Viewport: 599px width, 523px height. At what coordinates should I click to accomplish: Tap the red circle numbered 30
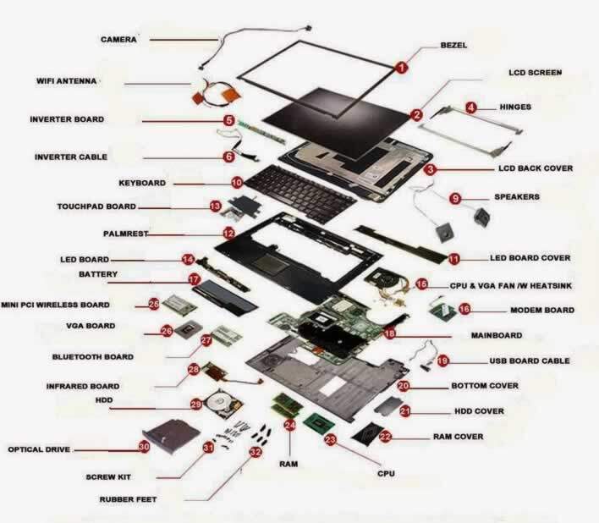(145, 446)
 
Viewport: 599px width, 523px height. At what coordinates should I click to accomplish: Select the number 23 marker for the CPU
(331, 439)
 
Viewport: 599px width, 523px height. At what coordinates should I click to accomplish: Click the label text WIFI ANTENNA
(69, 81)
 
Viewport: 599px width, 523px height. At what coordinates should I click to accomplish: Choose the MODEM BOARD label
(542, 311)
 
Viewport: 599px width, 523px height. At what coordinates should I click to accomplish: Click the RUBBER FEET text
(127, 499)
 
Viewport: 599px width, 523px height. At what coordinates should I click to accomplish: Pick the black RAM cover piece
(367, 437)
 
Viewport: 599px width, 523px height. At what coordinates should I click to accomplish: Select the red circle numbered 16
(464, 310)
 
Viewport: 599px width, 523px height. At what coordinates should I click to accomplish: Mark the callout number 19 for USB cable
(443, 361)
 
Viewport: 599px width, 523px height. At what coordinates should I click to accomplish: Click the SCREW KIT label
(108, 477)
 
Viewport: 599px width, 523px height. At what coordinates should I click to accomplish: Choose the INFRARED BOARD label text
(82, 385)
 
